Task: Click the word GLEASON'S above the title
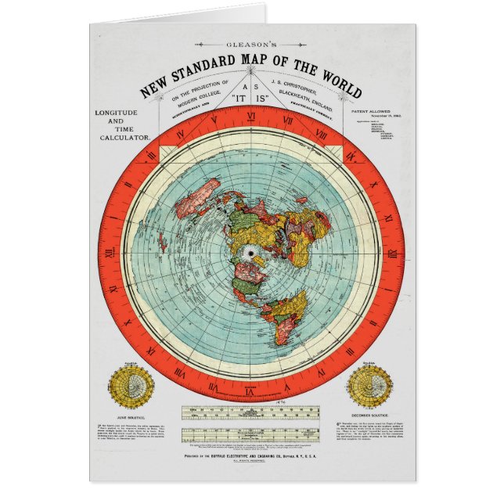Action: [x=251, y=45]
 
